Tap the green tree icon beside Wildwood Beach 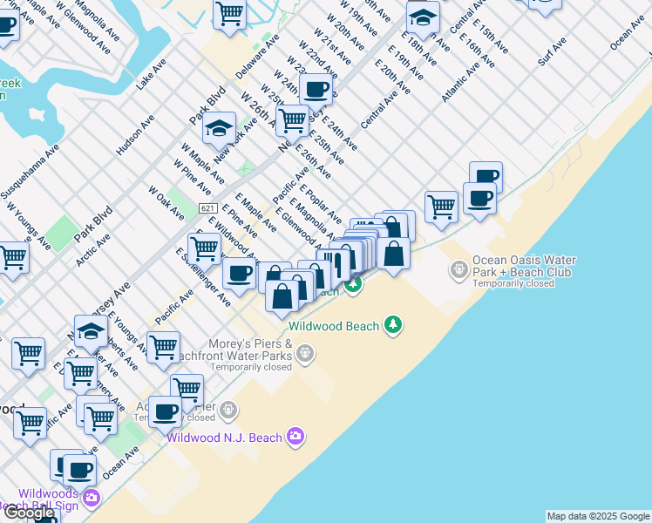394,325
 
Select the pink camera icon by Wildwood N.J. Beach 295,436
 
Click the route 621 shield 207,208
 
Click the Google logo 29,513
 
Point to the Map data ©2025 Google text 598,516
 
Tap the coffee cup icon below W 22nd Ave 316,88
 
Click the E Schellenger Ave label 203,276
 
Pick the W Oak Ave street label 166,201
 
